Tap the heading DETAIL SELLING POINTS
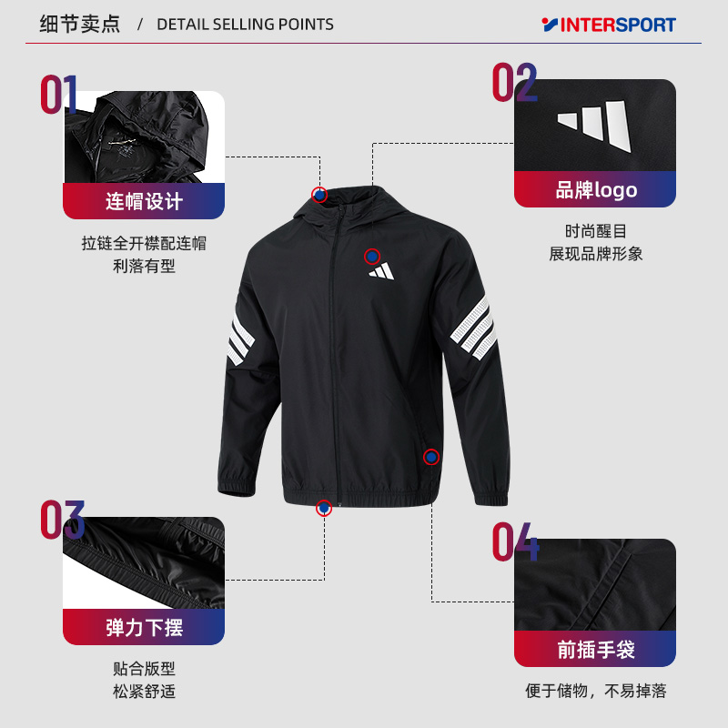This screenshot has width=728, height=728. (x=245, y=25)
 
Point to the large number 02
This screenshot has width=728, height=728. (x=515, y=83)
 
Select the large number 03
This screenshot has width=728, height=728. (x=62, y=520)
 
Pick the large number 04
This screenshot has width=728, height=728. (x=515, y=542)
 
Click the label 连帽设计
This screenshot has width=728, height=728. (x=144, y=201)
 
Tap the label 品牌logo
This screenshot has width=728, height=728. (x=595, y=190)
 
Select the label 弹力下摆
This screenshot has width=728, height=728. (x=144, y=627)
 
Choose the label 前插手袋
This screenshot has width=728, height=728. (x=595, y=650)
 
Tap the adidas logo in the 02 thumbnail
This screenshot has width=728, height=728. (x=594, y=126)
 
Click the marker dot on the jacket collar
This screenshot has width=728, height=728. (x=318, y=194)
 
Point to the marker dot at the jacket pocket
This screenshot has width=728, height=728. (x=431, y=457)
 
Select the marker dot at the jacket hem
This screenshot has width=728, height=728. (x=323, y=508)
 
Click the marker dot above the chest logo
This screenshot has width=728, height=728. (x=371, y=257)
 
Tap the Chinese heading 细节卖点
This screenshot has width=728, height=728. (x=80, y=25)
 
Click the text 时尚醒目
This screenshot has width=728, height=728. (x=595, y=232)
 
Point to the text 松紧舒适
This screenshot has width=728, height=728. (x=144, y=692)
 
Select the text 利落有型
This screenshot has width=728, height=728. (x=144, y=266)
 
